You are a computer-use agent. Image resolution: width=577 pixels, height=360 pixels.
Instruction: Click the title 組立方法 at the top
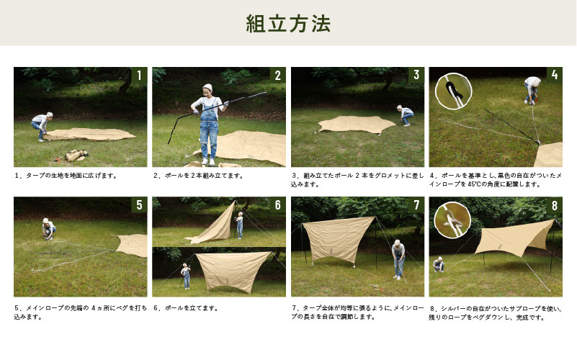click(x=288, y=24)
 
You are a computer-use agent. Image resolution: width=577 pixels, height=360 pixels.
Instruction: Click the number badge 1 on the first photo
click(x=139, y=75)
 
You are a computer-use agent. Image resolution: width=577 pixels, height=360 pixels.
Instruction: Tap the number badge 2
click(x=278, y=75)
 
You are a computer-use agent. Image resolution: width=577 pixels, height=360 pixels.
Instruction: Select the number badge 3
click(x=416, y=75)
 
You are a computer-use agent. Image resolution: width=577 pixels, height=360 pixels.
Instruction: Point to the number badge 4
click(x=555, y=75)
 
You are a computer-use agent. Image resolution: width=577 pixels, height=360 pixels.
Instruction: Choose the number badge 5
click(x=139, y=204)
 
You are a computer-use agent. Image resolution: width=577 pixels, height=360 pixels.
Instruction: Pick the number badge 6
click(x=278, y=204)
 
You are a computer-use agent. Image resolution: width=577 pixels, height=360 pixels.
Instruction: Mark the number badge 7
click(x=416, y=204)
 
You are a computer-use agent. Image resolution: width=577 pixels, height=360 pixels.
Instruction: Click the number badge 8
click(x=555, y=204)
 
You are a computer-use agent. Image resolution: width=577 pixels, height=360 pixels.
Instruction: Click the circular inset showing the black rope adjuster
click(x=453, y=91)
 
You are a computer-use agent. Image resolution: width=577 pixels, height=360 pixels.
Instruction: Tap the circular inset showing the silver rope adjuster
click(x=452, y=220)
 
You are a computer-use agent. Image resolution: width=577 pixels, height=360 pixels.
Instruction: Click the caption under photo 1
click(x=66, y=176)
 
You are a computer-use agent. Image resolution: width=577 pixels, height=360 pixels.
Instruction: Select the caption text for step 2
click(x=198, y=176)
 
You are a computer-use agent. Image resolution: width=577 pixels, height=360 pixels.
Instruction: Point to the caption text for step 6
click(x=186, y=308)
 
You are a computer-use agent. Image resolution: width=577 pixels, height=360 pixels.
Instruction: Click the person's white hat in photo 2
click(x=207, y=88)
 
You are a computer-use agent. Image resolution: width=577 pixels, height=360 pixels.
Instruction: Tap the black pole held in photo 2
click(x=217, y=117)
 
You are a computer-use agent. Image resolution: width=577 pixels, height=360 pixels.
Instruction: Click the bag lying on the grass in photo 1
click(x=76, y=156)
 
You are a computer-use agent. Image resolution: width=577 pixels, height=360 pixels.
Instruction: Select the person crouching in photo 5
click(x=48, y=229)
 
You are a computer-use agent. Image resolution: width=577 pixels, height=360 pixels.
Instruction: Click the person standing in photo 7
click(x=398, y=260)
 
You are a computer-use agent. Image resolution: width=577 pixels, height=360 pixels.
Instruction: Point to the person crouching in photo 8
click(x=438, y=264)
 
